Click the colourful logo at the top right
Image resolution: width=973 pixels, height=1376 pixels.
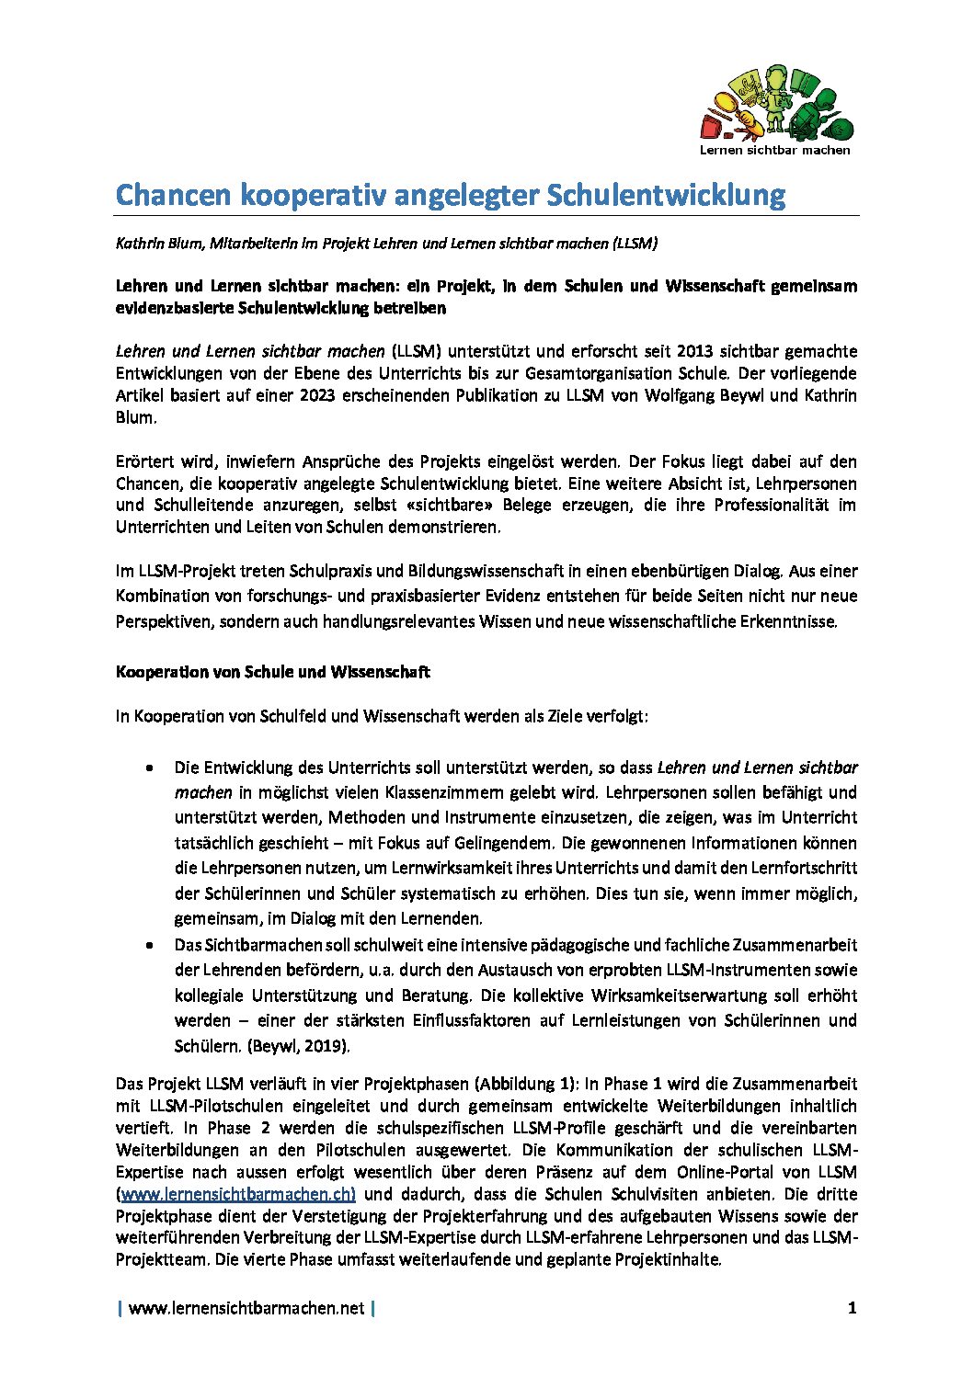pyautogui.click(x=777, y=103)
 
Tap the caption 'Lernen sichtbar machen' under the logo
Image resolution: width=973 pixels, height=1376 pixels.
pyautogui.click(x=774, y=150)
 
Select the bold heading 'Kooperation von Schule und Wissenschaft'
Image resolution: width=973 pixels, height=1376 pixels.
pyautogui.click(x=272, y=672)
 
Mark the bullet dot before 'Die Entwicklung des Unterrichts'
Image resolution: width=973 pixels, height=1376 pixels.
pyautogui.click(x=149, y=768)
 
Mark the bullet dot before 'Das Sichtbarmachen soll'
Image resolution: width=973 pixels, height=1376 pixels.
pyautogui.click(x=149, y=945)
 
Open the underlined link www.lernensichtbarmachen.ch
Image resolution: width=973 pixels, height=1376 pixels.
pyautogui.click(x=237, y=1194)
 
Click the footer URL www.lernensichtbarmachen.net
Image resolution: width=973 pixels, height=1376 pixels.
pyautogui.click(x=246, y=1308)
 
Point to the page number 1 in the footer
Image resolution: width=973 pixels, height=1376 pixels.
pyautogui.click(x=852, y=1308)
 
